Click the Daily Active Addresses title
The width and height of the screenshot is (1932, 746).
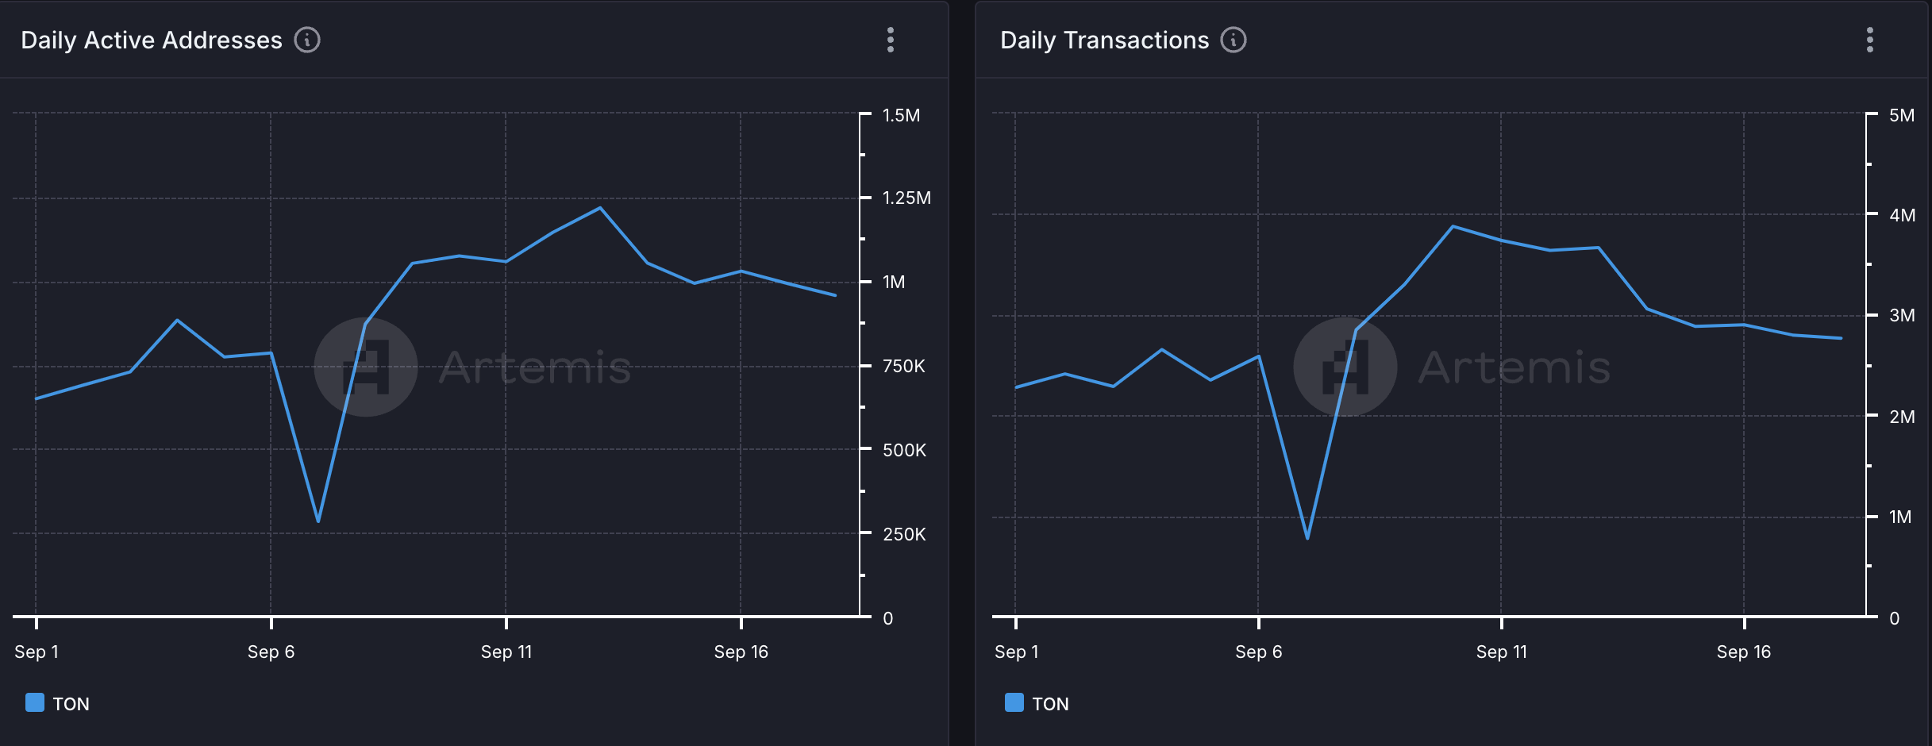(151, 40)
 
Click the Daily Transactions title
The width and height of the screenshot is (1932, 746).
(1103, 40)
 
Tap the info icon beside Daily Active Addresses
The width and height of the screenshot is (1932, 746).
(307, 40)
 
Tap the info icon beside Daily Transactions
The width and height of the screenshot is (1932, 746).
(1233, 40)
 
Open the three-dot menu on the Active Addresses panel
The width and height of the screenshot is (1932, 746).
(891, 40)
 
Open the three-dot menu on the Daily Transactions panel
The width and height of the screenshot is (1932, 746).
(1870, 40)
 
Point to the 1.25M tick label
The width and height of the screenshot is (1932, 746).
(906, 198)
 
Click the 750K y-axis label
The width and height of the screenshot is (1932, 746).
(904, 367)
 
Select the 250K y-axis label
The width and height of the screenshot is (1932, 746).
(904, 535)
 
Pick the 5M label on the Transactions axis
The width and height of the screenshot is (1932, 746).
(1902, 116)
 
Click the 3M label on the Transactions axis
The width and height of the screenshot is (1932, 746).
(1902, 316)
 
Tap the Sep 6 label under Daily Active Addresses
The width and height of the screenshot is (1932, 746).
(271, 652)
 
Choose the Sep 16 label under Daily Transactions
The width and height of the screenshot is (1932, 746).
(1743, 652)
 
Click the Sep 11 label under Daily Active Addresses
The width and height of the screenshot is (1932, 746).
(506, 652)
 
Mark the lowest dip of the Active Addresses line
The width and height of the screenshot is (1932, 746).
(318, 521)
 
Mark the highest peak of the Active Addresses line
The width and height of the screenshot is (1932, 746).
(600, 208)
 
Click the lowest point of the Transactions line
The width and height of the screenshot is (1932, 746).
(1307, 538)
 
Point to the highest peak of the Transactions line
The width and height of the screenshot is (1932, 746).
(1453, 227)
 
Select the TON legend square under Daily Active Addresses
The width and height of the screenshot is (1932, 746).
(35, 703)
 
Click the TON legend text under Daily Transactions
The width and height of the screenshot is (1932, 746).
(1050, 704)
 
